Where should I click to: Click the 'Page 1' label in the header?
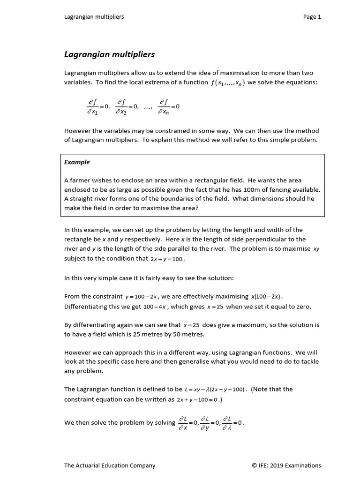[x=312, y=17]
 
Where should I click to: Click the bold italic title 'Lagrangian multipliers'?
[x=109, y=54]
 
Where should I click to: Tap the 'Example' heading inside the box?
[x=77, y=162]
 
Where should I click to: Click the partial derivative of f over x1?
[x=92, y=106]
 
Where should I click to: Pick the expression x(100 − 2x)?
[x=267, y=297]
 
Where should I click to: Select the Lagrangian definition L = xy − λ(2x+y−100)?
[x=216, y=390]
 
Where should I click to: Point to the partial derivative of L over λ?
[x=227, y=422]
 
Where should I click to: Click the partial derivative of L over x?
[x=183, y=422]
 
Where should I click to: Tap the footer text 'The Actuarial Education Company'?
[x=109, y=465]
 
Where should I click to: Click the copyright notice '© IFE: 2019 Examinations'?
[x=286, y=465]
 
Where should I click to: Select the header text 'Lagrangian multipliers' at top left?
[x=94, y=17]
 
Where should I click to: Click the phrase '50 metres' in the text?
[x=191, y=335]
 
